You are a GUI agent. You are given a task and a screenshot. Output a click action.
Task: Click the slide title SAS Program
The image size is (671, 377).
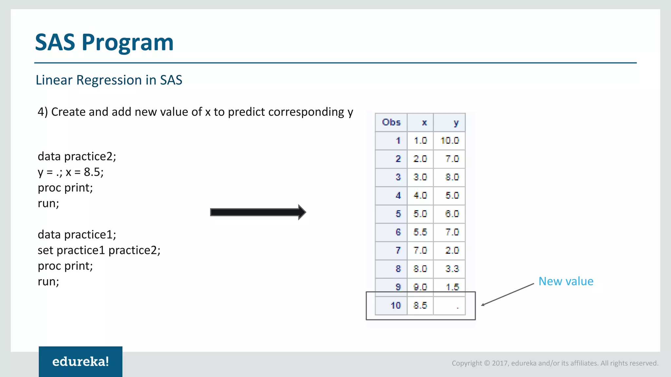pyautogui.click(x=104, y=43)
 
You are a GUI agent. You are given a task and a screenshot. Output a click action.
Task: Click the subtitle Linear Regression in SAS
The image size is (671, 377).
pyautogui.click(x=109, y=80)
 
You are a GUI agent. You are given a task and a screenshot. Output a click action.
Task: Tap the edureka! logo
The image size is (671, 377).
pyautogui.click(x=81, y=362)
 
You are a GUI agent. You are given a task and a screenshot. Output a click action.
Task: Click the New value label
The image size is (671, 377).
pyautogui.click(x=566, y=281)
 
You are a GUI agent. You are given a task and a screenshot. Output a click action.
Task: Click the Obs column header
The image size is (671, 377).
pyautogui.click(x=391, y=122)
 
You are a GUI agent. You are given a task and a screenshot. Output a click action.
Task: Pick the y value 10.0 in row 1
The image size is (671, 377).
pyautogui.click(x=450, y=141)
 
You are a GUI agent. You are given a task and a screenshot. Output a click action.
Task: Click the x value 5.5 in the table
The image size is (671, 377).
pyautogui.click(x=420, y=232)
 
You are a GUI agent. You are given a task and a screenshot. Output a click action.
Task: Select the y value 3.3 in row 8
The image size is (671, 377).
pyautogui.click(x=452, y=269)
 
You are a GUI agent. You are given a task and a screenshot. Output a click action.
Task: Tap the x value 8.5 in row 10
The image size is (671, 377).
pyautogui.click(x=420, y=306)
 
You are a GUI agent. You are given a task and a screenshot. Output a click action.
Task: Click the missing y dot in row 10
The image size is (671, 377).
pyautogui.click(x=458, y=307)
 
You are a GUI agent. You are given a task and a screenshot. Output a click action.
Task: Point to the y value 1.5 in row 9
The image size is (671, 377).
pyautogui.click(x=452, y=287)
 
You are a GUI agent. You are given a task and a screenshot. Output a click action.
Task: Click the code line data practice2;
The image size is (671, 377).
pyautogui.click(x=77, y=156)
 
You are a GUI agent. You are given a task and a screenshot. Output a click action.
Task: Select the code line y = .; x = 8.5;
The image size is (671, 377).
pyautogui.click(x=70, y=172)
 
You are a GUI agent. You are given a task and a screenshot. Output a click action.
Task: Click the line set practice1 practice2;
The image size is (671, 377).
pyautogui.click(x=99, y=250)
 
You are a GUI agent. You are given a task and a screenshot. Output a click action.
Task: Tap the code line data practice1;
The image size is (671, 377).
pyautogui.click(x=77, y=235)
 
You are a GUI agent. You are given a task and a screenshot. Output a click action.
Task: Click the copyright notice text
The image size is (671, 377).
pyautogui.click(x=555, y=363)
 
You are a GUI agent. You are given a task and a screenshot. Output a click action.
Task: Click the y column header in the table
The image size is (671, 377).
pyautogui.click(x=456, y=123)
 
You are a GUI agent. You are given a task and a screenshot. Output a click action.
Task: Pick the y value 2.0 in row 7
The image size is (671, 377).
pyautogui.click(x=452, y=251)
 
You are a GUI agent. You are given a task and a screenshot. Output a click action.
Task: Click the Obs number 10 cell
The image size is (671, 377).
pyautogui.click(x=396, y=306)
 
